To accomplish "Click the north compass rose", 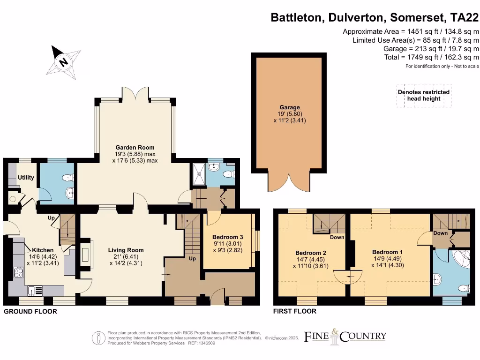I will [63, 61].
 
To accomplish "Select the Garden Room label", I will [136, 148].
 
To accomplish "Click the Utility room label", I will [26, 178].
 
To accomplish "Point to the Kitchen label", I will [43, 250].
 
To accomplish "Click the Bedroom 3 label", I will [227, 237].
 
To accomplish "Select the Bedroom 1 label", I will [387, 252].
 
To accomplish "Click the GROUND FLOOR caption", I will [30, 311].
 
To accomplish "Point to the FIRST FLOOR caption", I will [294, 311].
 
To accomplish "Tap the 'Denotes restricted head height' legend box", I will [423, 95].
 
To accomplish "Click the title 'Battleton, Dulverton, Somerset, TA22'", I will [375, 18].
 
